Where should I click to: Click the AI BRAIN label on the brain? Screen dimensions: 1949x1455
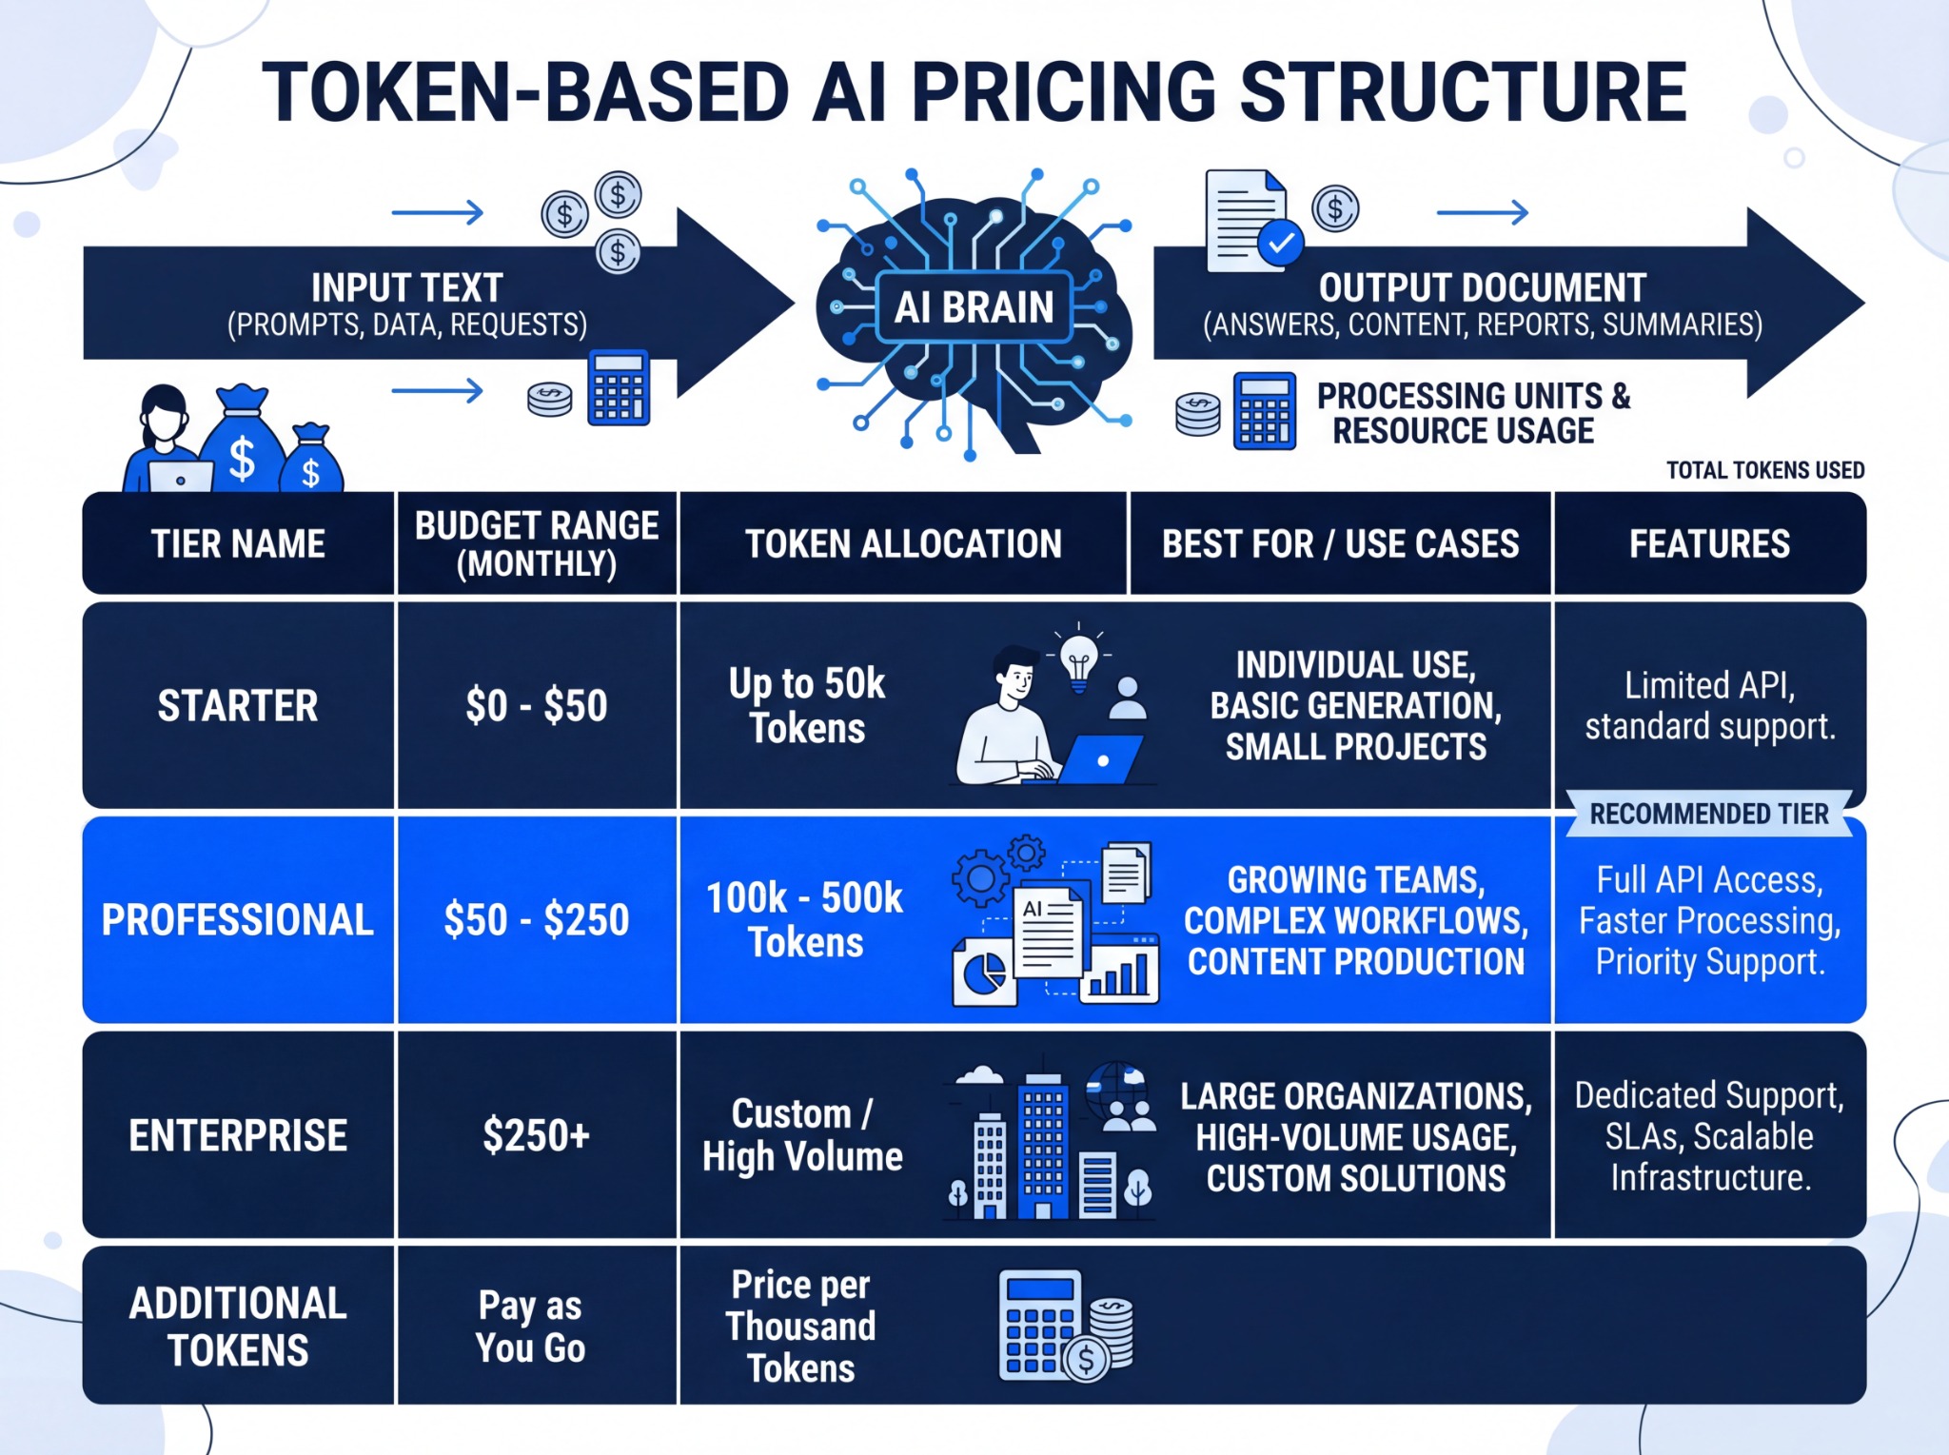pos(974,307)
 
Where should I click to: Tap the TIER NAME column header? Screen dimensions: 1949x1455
pos(238,544)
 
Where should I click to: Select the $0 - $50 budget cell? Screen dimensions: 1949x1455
pos(537,706)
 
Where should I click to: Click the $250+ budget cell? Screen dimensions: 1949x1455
pos(537,1135)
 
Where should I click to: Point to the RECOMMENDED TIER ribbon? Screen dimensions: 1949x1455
pos(1709,815)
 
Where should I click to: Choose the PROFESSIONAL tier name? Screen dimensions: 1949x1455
pos(238,920)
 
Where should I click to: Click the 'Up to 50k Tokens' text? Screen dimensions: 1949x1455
pos(807,706)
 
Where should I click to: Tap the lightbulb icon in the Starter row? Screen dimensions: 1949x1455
pos(1079,659)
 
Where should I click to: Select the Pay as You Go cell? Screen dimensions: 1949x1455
pos(530,1327)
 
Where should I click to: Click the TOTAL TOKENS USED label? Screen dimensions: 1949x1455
pos(1765,470)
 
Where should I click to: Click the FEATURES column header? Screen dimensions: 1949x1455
pos(1709,544)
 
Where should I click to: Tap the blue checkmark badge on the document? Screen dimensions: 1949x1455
pos(1281,243)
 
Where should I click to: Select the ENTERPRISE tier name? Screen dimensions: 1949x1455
pos(238,1136)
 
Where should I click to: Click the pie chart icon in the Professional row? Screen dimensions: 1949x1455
pos(985,973)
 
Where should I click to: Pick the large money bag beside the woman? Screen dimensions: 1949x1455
pos(242,440)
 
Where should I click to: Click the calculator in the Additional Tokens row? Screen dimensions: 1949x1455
pos(1040,1326)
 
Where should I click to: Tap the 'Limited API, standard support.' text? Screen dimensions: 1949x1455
pos(1709,706)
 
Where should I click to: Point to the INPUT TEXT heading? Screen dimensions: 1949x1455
pos(406,288)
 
